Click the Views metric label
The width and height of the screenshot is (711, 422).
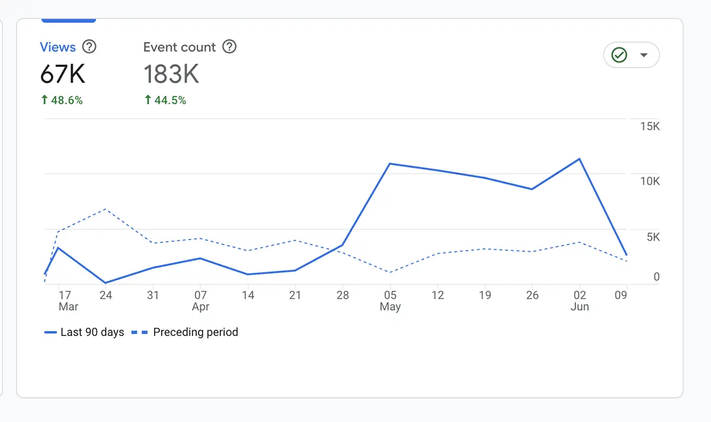(57, 47)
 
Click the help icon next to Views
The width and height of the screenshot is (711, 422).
(89, 47)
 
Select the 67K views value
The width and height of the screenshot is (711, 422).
(63, 75)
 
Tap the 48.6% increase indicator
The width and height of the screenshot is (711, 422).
(62, 101)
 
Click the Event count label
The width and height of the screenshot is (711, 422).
(180, 47)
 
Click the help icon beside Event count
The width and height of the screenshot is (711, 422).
(229, 47)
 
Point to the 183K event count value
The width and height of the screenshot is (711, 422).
(171, 75)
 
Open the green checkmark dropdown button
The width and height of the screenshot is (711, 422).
(631, 55)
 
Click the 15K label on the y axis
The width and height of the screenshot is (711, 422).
(649, 127)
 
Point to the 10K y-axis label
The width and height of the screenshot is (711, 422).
(649, 181)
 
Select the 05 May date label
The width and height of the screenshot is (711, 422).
(390, 300)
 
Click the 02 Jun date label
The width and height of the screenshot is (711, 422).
(579, 300)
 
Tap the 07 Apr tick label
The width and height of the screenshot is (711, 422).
(201, 300)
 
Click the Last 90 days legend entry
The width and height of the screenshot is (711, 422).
(84, 333)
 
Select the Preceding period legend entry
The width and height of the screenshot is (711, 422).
(185, 333)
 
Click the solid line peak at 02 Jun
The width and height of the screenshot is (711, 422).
(579, 159)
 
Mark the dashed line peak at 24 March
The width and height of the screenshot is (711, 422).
(105, 209)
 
